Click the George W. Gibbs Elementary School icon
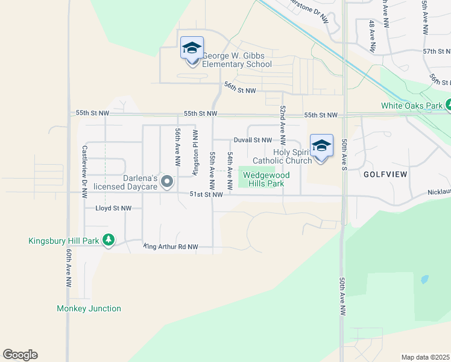[x=192, y=49]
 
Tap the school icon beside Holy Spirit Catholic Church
[x=321, y=147]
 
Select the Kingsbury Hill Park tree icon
[x=109, y=241]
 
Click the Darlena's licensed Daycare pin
[x=168, y=182]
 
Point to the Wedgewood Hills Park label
[x=266, y=179]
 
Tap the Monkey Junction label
[x=89, y=308]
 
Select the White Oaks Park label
[x=412, y=106]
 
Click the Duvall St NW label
[x=253, y=140]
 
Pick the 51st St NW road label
[x=206, y=194]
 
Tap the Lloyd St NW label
[x=113, y=208]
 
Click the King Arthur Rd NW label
[x=171, y=247]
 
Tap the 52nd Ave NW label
[x=282, y=120]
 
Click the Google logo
[x=20, y=355]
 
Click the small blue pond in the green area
[x=423, y=280]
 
